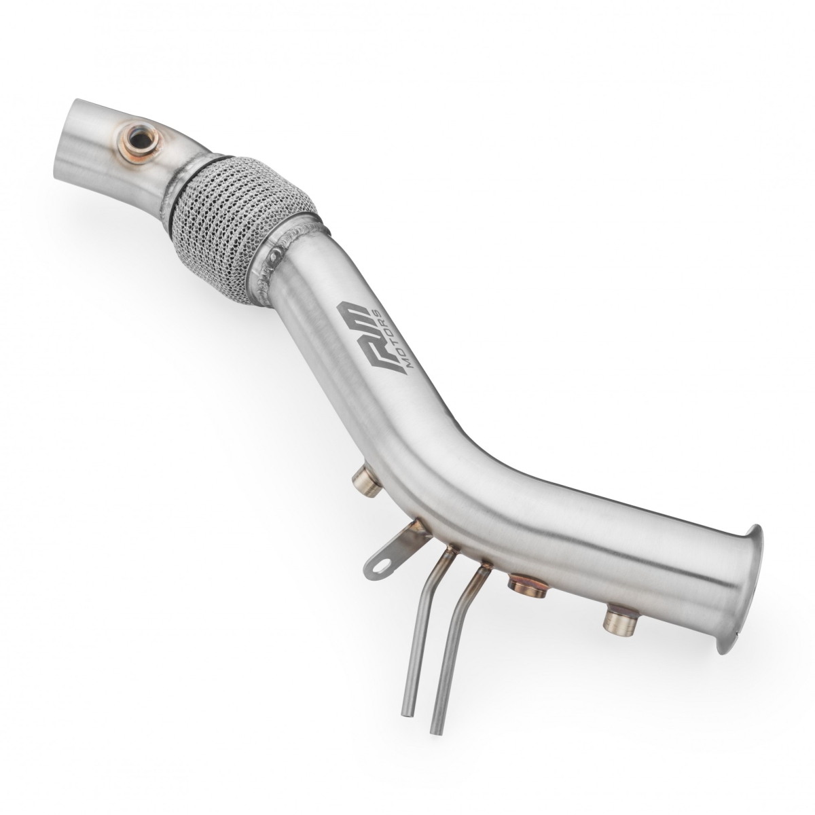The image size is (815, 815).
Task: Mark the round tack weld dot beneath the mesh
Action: (274, 259)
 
